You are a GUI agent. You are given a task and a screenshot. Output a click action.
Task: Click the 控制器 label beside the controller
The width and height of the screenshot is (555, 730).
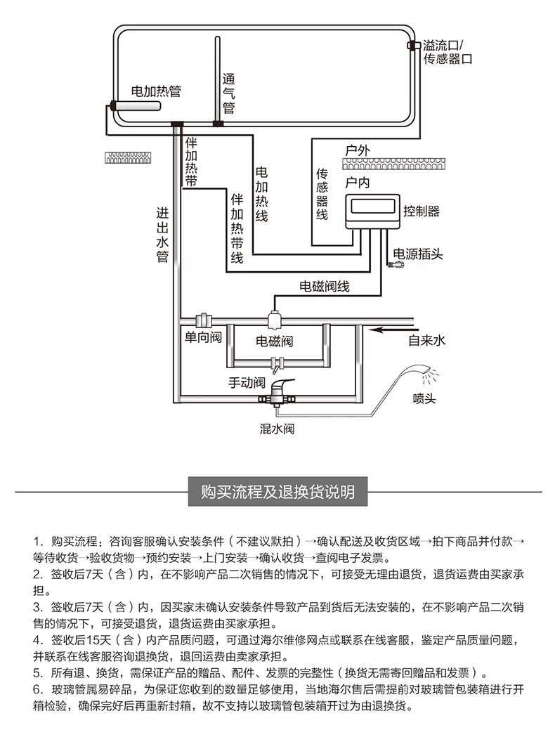click(422, 211)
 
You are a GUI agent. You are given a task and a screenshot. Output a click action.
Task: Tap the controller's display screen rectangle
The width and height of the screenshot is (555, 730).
click(373, 206)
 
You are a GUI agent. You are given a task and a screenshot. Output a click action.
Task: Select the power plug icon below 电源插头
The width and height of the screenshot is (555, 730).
click(396, 265)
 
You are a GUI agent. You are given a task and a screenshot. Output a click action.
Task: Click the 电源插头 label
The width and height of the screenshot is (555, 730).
click(417, 254)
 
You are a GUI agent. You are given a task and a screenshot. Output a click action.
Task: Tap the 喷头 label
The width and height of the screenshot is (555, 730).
click(424, 398)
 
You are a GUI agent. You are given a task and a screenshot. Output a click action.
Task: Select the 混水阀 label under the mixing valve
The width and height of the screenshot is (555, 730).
click(277, 429)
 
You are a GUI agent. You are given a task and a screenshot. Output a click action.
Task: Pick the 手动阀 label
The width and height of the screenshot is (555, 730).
click(247, 383)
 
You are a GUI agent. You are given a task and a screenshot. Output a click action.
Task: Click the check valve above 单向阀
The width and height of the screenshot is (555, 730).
click(204, 320)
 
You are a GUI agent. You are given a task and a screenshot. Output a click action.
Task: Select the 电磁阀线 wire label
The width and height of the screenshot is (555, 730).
click(324, 286)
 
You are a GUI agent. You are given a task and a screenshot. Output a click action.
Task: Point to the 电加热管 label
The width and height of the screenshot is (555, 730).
click(156, 91)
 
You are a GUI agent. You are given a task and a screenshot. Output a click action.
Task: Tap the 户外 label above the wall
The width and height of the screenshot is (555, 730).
click(358, 150)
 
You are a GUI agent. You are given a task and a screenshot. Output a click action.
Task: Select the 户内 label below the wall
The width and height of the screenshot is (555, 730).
click(358, 182)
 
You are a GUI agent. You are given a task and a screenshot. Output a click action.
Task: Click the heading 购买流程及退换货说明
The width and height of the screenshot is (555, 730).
click(278, 492)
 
